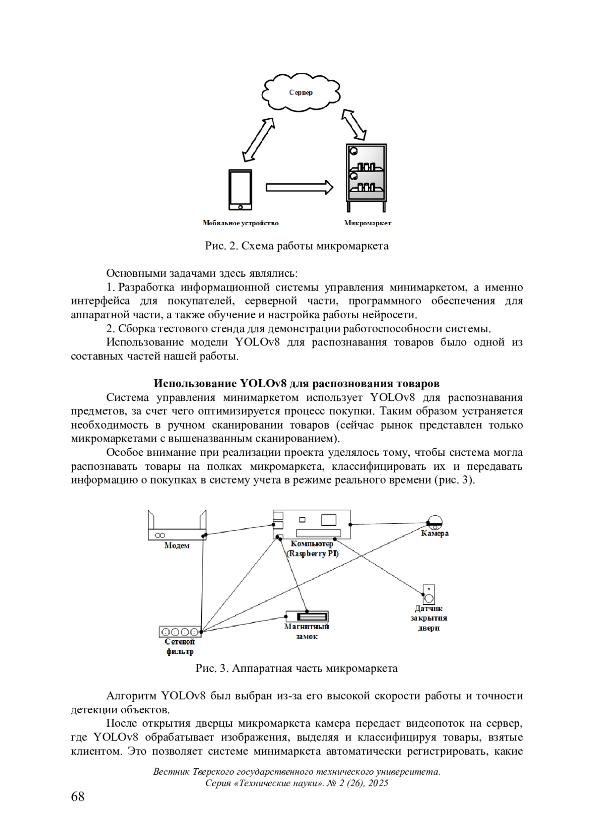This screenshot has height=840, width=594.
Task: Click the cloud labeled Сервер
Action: tap(301, 93)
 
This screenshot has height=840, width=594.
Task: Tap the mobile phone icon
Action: tap(240, 190)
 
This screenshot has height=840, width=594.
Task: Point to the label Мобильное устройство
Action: tap(241, 223)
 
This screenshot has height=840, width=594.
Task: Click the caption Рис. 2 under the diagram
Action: tap(297, 246)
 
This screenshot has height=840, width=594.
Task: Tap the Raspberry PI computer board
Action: tap(312, 524)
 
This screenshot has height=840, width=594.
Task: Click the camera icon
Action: tap(435, 522)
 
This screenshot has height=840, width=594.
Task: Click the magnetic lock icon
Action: tap(307, 617)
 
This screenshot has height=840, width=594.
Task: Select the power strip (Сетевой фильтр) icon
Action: tap(180, 632)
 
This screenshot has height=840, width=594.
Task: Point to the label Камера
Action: tap(435, 534)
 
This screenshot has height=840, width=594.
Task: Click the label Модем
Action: tap(177, 545)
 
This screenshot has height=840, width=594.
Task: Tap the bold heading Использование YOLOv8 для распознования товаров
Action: tap(297, 384)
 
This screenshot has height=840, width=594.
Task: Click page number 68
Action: tap(78, 797)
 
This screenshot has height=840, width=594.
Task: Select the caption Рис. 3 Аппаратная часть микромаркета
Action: tap(297, 669)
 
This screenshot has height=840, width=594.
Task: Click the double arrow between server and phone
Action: tap(259, 140)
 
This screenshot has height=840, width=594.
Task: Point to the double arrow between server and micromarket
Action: tap(354, 125)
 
